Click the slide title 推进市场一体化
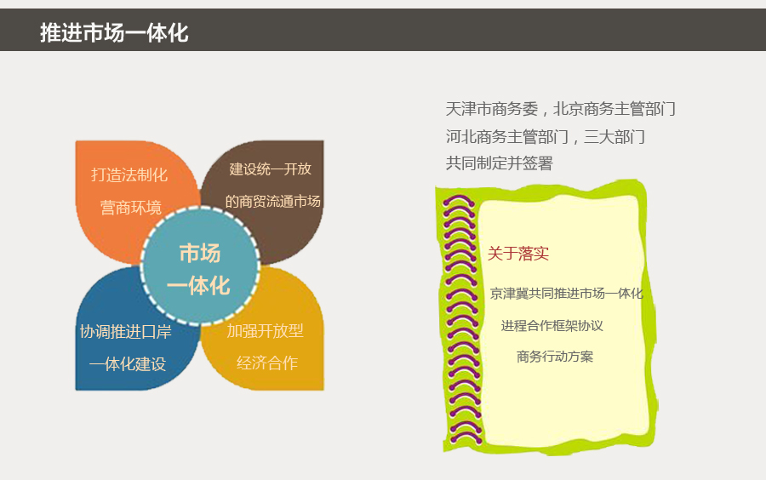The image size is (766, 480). coord(114,32)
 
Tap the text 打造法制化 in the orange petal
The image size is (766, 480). coord(129,174)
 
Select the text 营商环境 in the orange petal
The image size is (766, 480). coord(131,208)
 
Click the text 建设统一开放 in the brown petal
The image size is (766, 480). coord(270,169)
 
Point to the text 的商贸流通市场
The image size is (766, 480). coord(272,201)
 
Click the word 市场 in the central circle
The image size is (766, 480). coord(200,253)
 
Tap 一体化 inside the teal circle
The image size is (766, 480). coord(198,286)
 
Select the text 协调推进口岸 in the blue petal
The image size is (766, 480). coord(126,332)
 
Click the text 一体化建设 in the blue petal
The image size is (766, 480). coord(128,363)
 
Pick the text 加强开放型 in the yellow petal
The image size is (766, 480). coord(266,331)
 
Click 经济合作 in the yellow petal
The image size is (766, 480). coord(267,363)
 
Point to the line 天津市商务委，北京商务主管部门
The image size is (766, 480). coord(561,109)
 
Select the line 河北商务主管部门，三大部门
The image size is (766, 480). coord(546,137)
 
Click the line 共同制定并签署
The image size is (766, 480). coord(500,163)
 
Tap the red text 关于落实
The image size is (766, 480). coord(518,254)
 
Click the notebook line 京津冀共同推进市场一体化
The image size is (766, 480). coord(567,294)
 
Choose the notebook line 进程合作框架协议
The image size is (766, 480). coord(552,326)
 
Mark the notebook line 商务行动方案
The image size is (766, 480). coord(555,357)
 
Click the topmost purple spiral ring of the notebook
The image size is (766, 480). coord(458,200)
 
